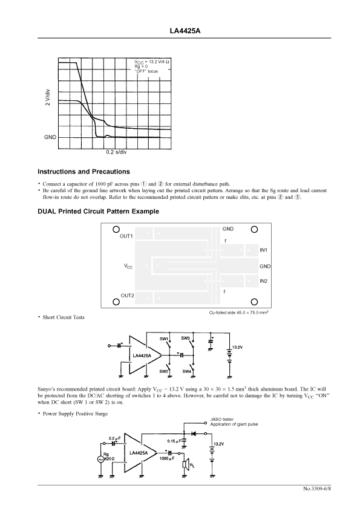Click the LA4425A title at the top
185,31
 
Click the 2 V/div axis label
48,97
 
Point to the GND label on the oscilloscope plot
50,137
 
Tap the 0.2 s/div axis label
116,152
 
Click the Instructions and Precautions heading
84,172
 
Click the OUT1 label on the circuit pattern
126,236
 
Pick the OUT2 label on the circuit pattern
127,296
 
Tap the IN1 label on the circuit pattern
263,250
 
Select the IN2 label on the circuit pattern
263,281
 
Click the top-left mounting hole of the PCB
116,230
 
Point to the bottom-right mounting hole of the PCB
254,302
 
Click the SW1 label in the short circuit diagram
163,339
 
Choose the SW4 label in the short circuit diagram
186,372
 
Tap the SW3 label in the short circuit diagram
185,339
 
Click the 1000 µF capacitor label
167,458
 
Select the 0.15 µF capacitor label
174,441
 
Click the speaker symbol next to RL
185,464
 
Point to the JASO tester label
221,420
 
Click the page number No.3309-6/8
317,488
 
